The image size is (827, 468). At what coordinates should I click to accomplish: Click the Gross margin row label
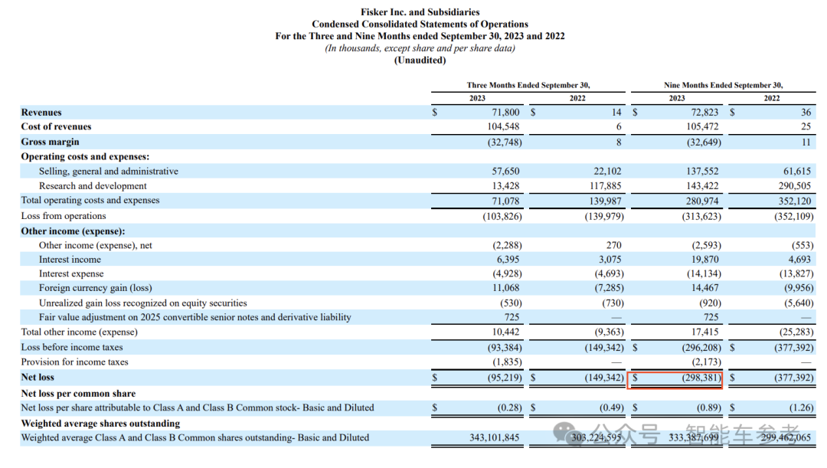click(x=50, y=142)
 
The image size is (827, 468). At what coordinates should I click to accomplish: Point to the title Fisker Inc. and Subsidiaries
click(x=420, y=12)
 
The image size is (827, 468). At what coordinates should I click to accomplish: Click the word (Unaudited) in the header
click(x=420, y=61)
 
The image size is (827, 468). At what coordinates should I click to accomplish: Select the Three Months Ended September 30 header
click(x=528, y=85)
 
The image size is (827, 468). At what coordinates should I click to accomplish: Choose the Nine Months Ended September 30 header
click(x=723, y=85)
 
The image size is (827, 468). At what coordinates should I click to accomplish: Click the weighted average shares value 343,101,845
click(x=495, y=438)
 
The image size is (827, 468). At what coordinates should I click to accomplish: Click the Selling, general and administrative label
click(x=109, y=172)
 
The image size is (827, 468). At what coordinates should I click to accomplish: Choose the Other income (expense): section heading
click(x=73, y=231)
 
